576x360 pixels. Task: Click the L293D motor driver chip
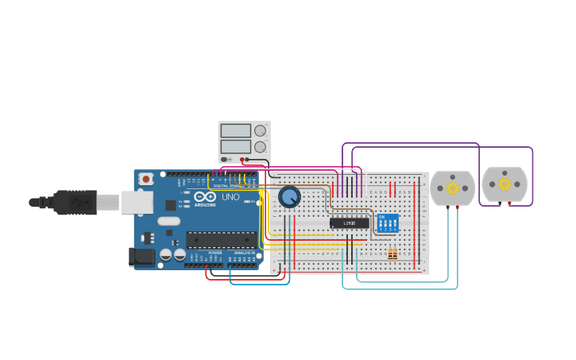350,223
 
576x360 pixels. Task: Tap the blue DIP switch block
388,223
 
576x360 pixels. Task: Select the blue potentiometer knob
289,196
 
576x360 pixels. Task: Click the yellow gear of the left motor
453,188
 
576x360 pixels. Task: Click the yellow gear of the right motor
504,184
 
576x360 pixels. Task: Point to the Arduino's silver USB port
137,203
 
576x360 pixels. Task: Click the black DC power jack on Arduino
141,256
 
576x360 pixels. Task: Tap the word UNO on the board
230,197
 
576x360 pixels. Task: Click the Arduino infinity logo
205,197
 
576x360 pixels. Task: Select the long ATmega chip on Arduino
221,239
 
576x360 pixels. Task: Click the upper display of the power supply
236,130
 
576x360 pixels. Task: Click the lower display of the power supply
236,146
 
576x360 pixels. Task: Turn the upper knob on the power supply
260,130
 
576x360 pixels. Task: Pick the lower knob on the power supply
260,147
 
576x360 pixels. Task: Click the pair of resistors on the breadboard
392,254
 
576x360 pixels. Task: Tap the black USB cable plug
75,203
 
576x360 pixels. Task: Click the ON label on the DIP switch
382,217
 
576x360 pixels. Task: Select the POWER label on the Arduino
215,253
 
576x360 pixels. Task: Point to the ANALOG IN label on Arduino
245,253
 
